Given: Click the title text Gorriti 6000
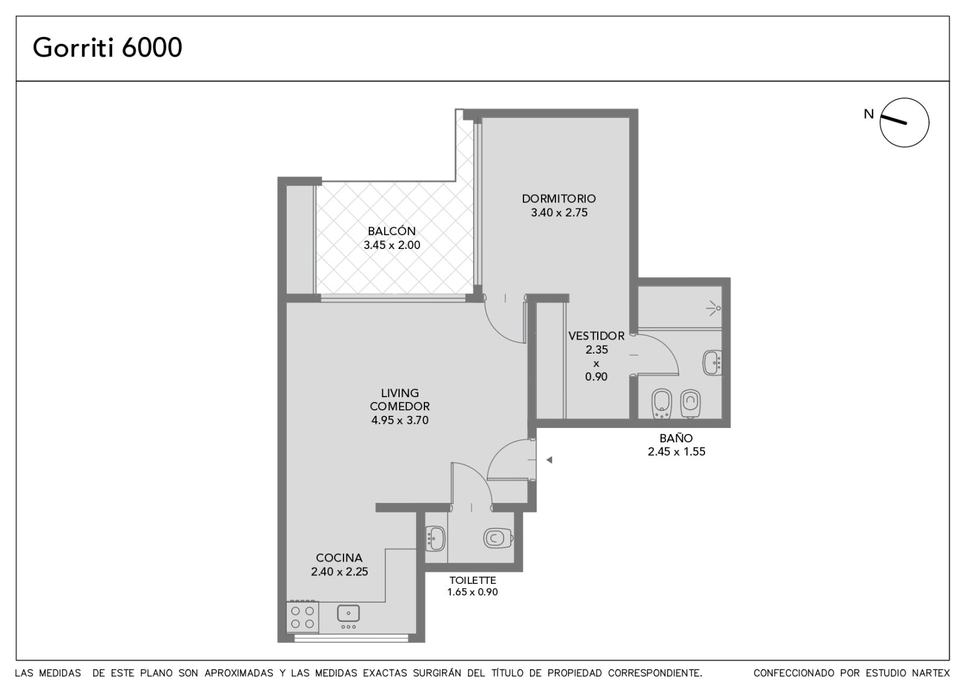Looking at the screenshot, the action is [x=107, y=48].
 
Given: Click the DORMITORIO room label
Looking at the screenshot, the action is [x=559, y=199].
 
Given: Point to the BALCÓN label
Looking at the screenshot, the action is [x=392, y=231].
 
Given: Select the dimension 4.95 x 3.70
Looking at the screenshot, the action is [x=400, y=420].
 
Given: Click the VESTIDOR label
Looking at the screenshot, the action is [x=597, y=336].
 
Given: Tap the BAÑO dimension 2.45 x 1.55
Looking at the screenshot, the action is [x=676, y=452].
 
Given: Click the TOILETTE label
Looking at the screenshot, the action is [x=473, y=580].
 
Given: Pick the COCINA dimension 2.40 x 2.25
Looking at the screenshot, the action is [x=339, y=572].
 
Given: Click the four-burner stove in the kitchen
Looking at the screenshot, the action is [x=302, y=617].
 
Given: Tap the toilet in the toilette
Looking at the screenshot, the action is [x=498, y=538].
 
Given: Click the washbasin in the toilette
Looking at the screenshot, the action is [x=435, y=539].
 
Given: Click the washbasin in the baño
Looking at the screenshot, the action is [x=712, y=363].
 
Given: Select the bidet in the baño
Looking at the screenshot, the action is [x=662, y=404].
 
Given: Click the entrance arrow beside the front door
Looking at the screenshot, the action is [x=549, y=460].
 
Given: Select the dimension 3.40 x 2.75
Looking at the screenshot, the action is [x=559, y=212].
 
